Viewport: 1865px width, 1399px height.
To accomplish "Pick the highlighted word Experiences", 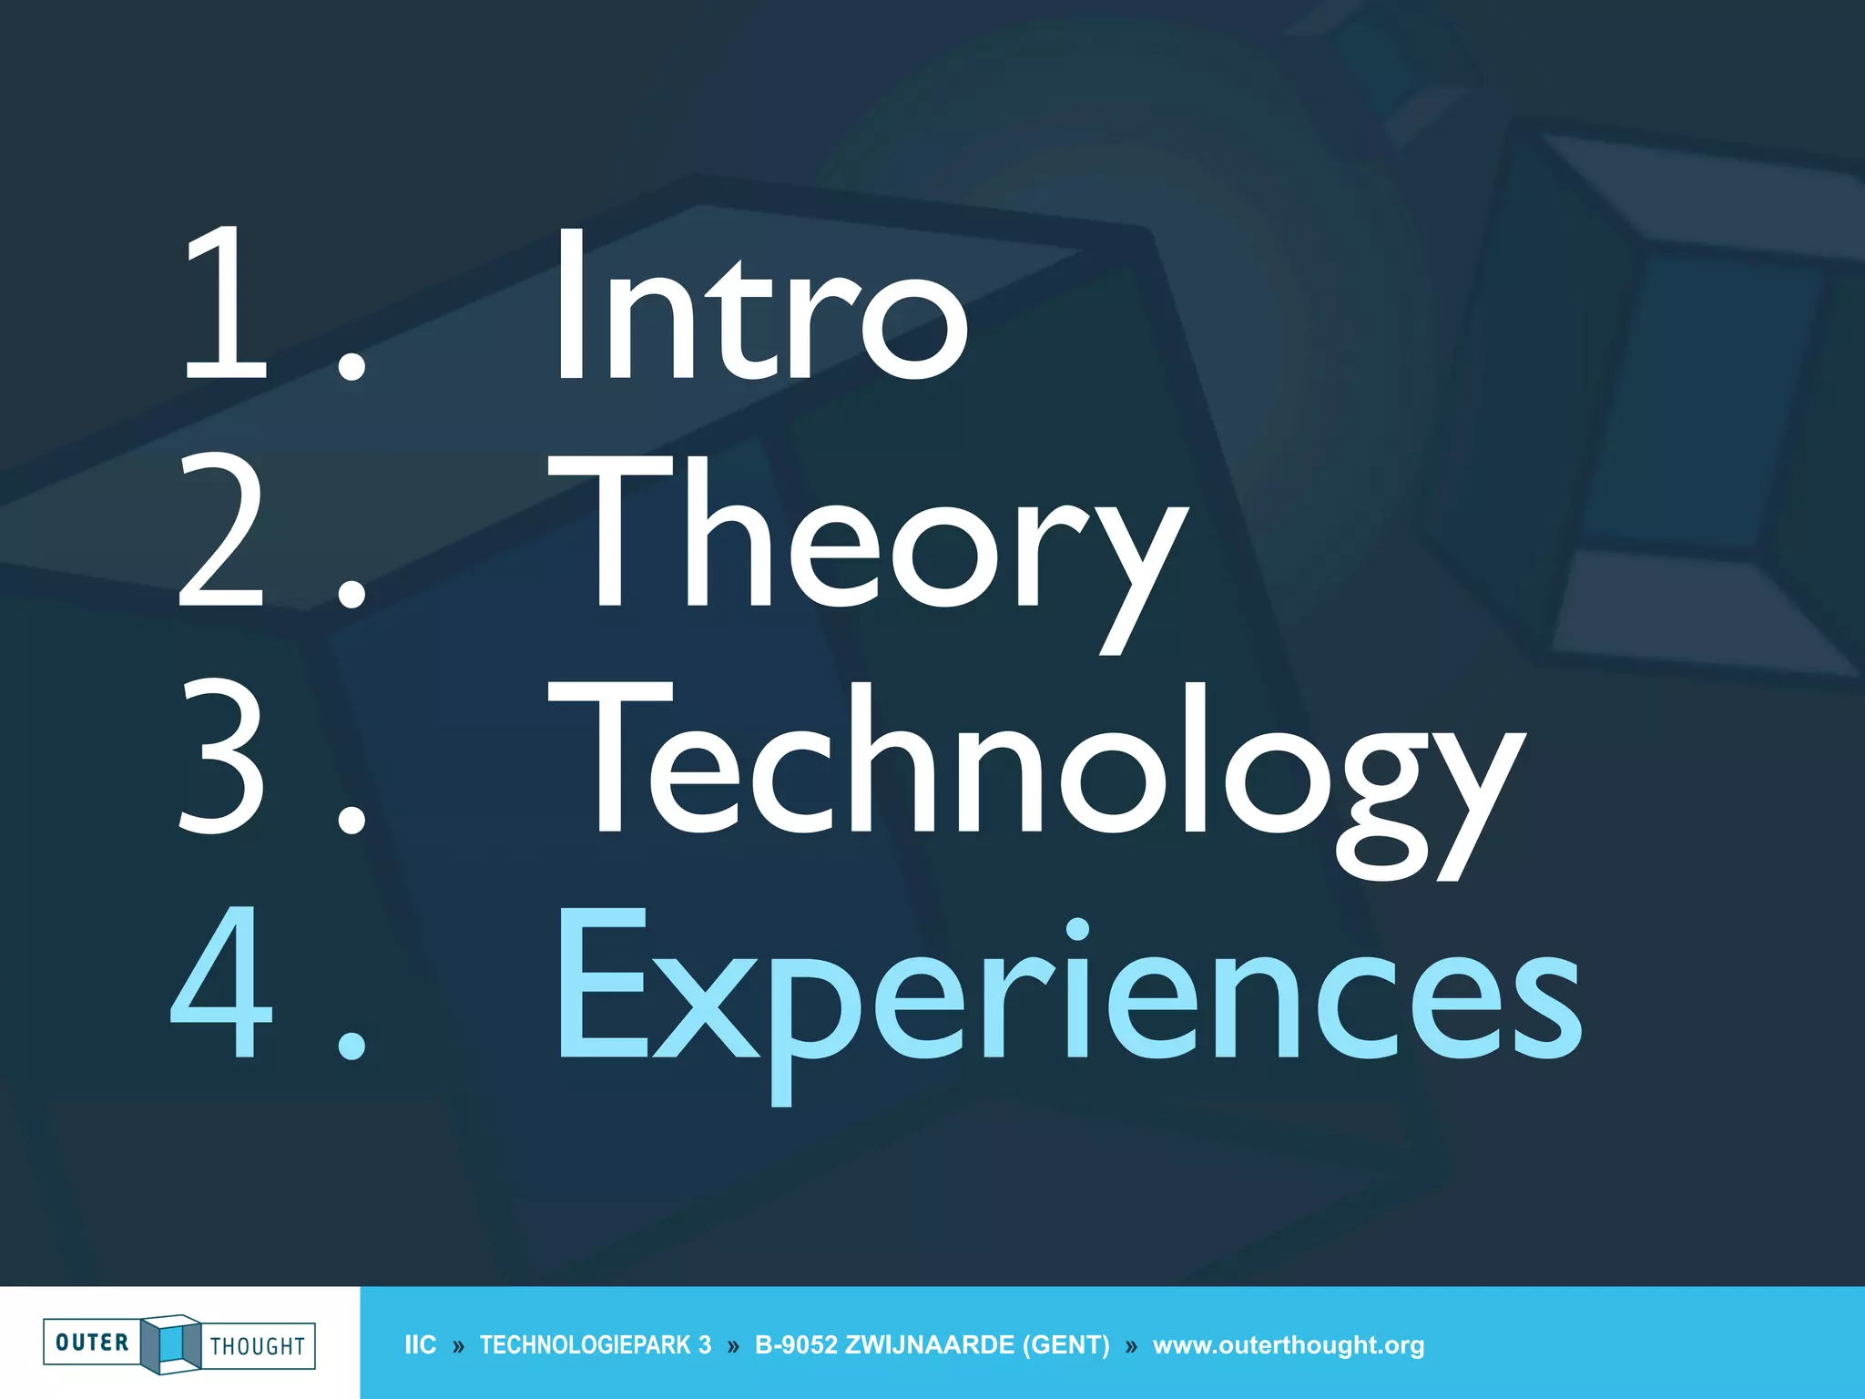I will [x=1069, y=993].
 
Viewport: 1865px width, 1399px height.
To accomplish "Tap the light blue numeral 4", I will [x=222, y=984].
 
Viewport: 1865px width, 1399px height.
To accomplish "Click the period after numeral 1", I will [x=352, y=366].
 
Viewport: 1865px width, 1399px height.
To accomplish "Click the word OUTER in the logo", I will [x=92, y=1343].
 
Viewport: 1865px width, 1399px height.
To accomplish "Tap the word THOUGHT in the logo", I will [x=258, y=1346].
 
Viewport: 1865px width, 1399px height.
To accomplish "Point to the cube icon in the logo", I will [x=170, y=1343].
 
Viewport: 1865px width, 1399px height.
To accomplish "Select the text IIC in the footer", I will [x=420, y=1345].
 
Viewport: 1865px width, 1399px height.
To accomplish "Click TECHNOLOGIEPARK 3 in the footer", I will [x=596, y=1345].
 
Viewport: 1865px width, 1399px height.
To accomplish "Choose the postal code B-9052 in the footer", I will [x=796, y=1345].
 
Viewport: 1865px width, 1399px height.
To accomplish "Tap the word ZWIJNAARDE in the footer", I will [x=930, y=1345].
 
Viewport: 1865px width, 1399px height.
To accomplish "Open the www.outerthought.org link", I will [x=1289, y=1345].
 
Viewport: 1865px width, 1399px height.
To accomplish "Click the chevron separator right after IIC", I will [x=458, y=1346].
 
